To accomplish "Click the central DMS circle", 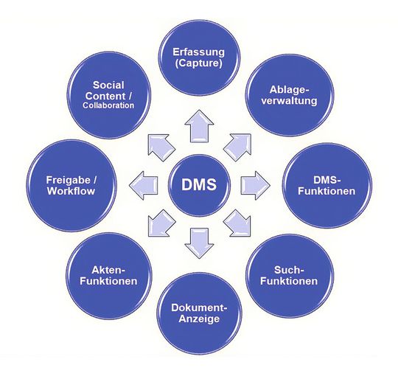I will click(199, 184).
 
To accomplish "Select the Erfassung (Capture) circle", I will click(200, 57).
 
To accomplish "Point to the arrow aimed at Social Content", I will click(158, 144).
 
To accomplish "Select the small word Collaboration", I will click(109, 105).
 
